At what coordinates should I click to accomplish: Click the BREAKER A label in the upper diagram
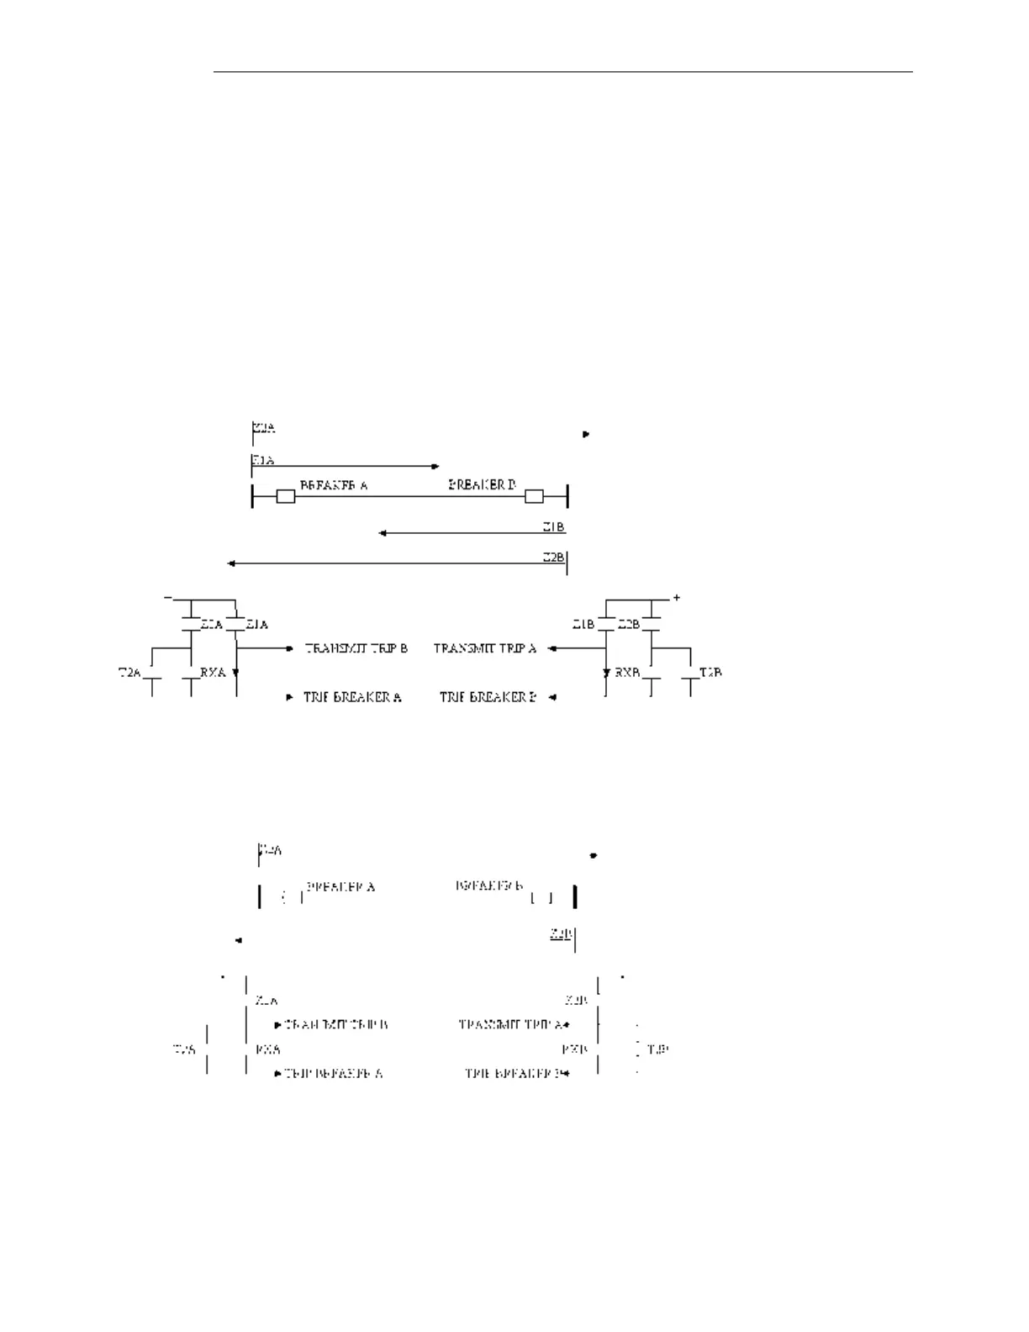tap(334, 485)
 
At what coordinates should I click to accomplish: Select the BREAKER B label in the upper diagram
tap(482, 485)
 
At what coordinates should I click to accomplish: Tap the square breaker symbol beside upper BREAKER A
tap(286, 497)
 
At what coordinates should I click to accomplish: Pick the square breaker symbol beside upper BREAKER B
tap(534, 497)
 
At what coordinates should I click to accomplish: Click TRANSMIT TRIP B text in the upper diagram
tap(356, 648)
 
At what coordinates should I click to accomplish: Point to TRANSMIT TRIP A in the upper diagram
tap(485, 648)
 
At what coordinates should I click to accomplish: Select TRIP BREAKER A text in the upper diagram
tap(352, 697)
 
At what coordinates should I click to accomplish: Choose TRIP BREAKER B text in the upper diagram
tap(488, 697)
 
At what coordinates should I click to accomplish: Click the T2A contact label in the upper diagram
tap(129, 673)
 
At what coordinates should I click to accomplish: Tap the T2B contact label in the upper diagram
tap(710, 673)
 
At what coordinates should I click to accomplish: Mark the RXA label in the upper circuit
tap(212, 673)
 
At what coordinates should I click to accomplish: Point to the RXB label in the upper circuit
tap(628, 673)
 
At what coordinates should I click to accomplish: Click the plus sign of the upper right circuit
tap(676, 598)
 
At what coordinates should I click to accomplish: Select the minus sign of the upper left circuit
tap(168, 597)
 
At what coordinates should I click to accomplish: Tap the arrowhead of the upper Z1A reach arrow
tap(435, 466)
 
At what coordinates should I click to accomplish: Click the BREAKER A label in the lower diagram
tap(340, 887)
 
